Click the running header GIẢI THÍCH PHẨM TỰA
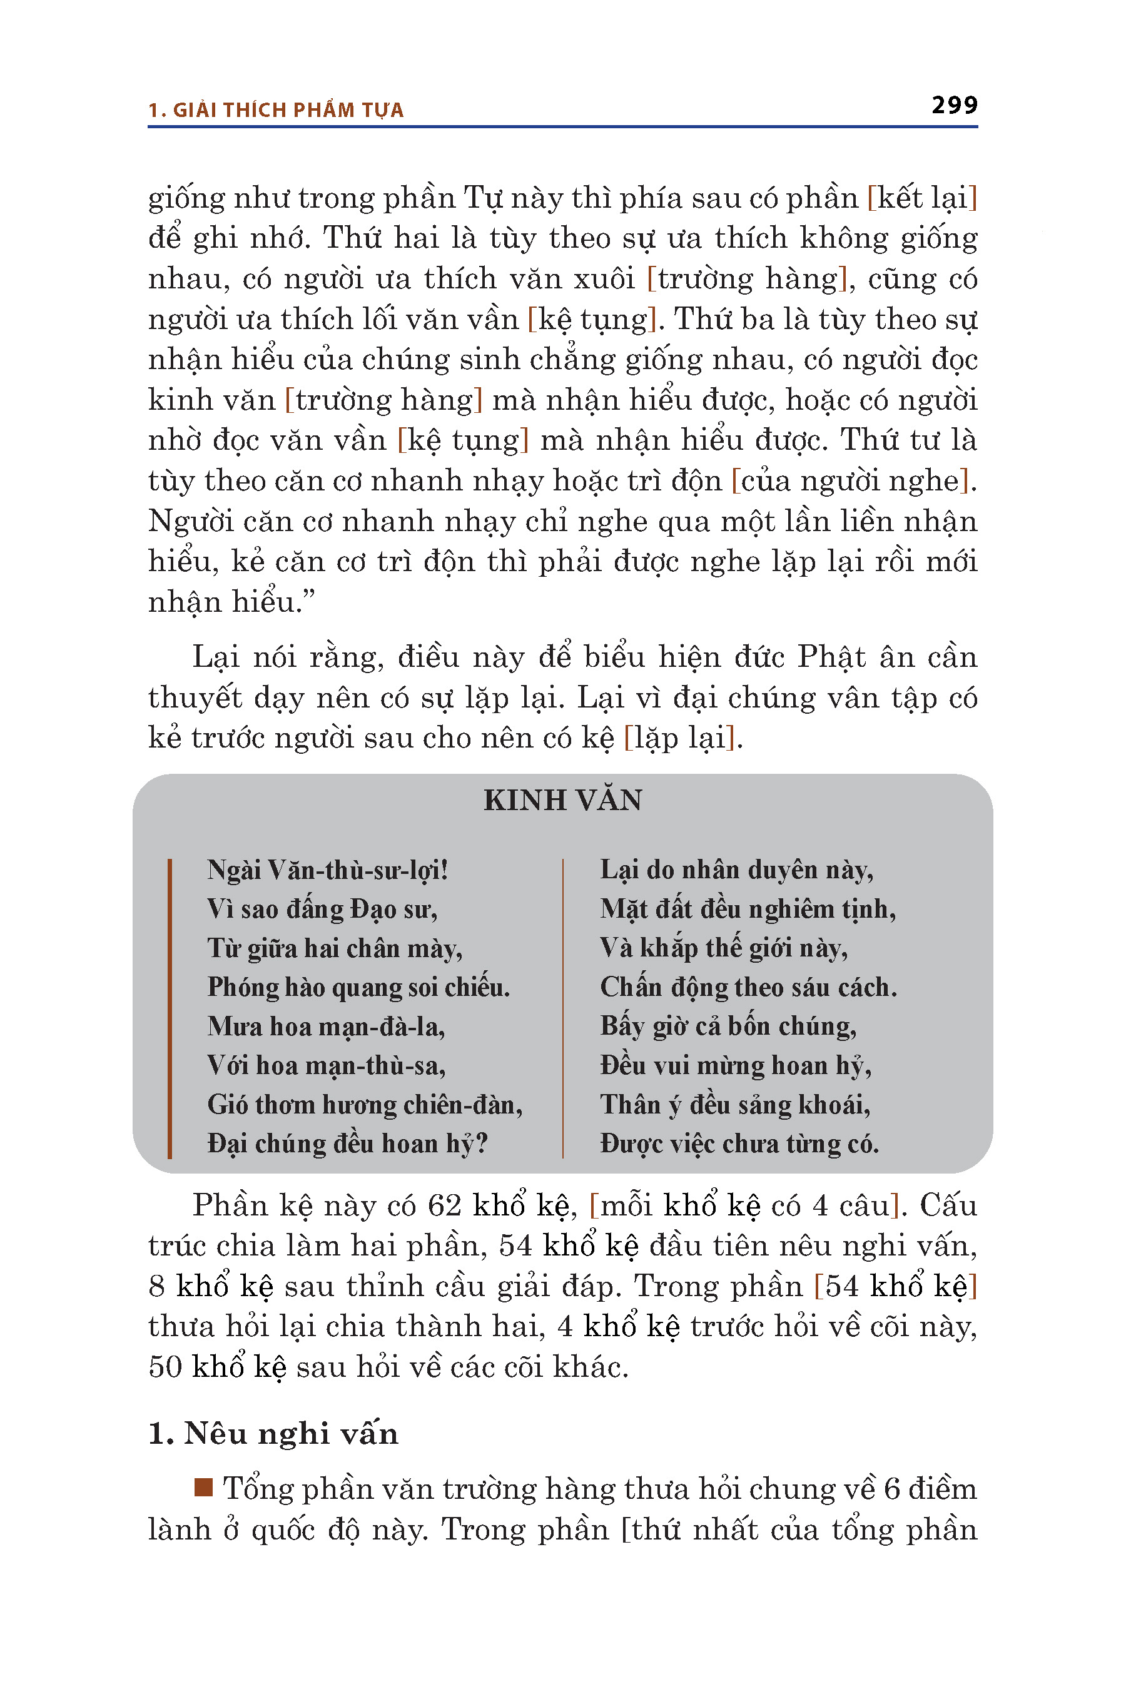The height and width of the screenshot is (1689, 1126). (287, 110)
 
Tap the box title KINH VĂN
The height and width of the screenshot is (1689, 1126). (562, 800)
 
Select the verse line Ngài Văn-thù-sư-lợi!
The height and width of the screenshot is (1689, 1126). (327, 870)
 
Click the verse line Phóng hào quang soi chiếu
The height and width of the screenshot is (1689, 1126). (358, 987)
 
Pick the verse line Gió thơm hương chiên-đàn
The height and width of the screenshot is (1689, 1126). (365, 1105)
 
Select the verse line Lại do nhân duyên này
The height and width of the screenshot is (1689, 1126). (737, 870)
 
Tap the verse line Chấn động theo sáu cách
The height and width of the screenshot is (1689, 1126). (748, 987)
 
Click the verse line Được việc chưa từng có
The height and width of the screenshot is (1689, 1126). (739, 1144)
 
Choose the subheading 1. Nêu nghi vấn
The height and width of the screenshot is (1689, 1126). (273, 1433)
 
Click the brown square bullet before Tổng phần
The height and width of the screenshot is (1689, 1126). (204, 1486)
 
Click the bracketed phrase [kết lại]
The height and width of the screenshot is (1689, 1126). (922, 198)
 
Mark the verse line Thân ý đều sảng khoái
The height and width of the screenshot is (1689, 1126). (734, 1105)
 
